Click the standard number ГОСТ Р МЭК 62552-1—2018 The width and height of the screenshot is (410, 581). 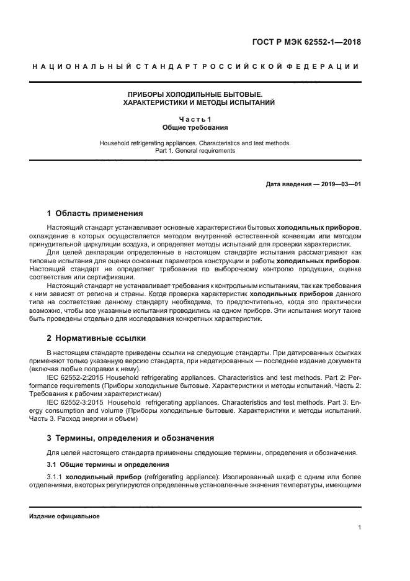(315, 42)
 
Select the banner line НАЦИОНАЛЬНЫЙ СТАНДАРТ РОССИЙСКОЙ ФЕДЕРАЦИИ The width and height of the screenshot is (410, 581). (195, 66)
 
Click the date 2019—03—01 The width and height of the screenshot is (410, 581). (341, 184)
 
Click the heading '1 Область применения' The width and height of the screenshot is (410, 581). (95, 213)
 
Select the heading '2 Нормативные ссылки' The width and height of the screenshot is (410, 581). (96, 338)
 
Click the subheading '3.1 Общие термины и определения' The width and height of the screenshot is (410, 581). (99, 465)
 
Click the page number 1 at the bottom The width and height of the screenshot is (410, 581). (359, 528)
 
